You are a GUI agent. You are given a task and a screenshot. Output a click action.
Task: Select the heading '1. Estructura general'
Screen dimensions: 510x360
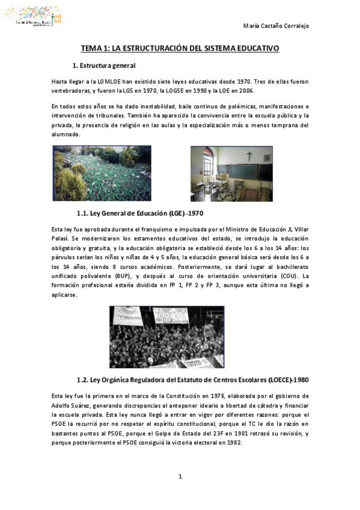point(104,65)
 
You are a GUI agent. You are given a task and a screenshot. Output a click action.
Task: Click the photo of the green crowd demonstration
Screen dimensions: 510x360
point(102,173)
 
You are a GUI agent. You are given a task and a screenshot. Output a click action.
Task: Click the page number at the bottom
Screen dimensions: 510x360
point(180,477)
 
